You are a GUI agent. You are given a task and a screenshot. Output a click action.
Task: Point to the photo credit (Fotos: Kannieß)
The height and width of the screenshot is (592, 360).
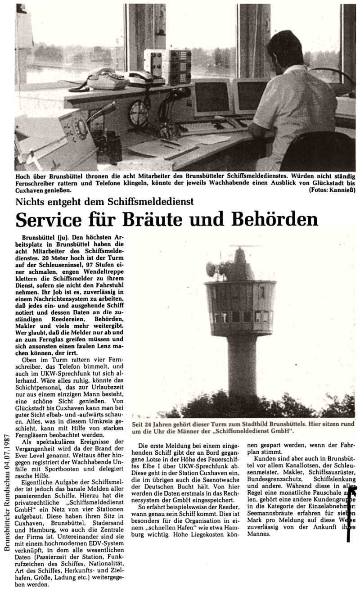[332, 190]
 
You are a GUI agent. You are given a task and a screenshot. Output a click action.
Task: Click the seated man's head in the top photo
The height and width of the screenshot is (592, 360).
[289, 50]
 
